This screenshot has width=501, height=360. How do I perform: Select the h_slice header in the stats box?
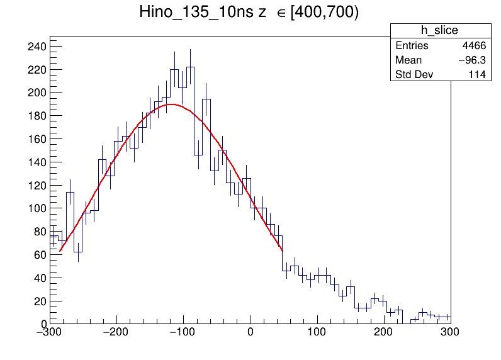click(x=439, y=31)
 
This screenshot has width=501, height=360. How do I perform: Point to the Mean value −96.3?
click(x=469, y=60)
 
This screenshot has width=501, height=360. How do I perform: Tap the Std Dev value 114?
click(x=476, y=75)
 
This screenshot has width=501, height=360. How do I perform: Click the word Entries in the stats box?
click(x=412, y=46)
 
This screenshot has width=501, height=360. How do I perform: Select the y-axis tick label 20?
click(x=40, y=301)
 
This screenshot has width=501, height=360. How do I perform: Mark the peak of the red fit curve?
click(x=170, y=104)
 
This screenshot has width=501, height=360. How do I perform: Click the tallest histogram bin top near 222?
click(x=190, y=67)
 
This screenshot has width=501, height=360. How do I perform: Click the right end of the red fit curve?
click(x=283, y=251)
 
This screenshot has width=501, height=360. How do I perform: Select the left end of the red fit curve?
click(x=60, y=251)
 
